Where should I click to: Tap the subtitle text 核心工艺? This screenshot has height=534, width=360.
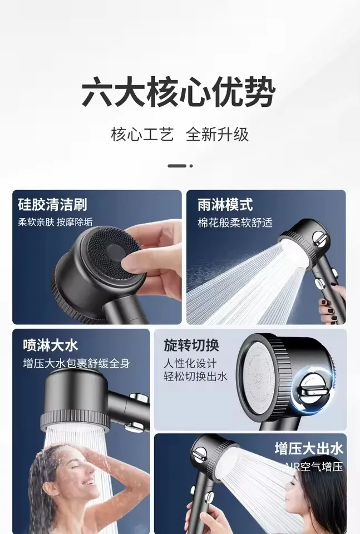142,134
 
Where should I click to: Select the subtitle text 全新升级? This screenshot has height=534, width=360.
217,134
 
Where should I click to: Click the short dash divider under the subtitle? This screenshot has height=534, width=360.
177,166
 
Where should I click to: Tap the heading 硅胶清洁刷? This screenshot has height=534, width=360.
52,205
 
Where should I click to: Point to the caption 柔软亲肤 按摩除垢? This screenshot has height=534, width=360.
56,222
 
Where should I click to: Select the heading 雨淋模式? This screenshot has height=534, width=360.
225,205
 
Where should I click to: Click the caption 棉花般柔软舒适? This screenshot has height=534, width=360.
235,222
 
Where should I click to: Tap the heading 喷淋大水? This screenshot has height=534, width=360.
50,345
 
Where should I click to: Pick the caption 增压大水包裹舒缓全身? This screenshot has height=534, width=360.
76,363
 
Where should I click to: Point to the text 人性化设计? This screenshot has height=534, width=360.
189,362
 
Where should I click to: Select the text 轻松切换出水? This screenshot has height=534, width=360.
195,376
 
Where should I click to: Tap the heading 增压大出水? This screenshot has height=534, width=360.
308,448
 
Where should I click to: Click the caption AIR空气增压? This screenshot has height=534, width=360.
313,466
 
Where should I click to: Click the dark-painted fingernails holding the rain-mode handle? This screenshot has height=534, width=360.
325,304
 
